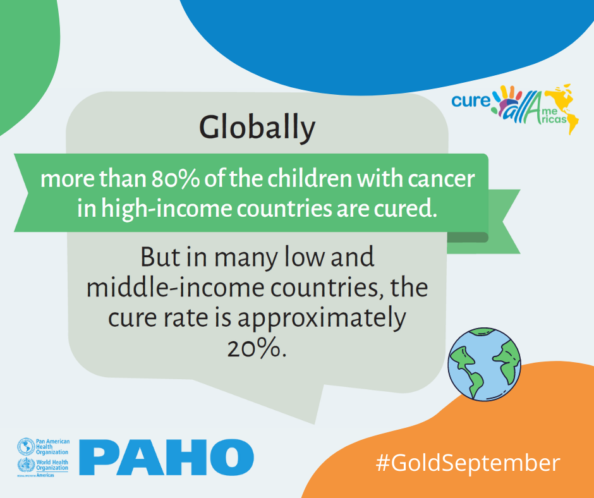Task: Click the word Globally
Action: tap(257, 128)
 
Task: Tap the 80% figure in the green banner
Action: tap(176, 179)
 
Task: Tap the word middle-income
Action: tap(176, 288)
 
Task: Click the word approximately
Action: tap(322, 319)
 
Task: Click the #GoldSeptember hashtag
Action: tap(468, 463)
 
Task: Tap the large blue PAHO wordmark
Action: tap(166, 457)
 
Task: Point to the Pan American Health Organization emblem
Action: tap(26, 447)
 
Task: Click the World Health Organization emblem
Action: tap(26, 465)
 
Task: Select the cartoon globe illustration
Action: tap(484, 364)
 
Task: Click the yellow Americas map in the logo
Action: tap(561, 109)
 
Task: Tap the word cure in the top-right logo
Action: tap(471, 100)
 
